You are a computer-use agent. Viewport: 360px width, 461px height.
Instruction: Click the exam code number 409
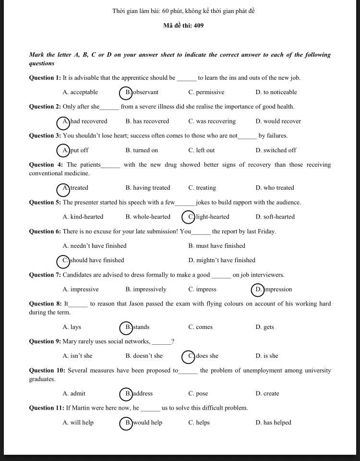(x=199, y=25)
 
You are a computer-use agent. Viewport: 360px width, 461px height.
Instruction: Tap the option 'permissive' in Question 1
(x=206, y=92)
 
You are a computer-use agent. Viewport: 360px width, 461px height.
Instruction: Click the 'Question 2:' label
(x=45, y=107)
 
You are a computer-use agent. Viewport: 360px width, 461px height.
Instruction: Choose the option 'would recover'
(x=278, y=121)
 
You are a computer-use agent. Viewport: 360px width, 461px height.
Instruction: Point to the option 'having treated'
(x=148, y=188)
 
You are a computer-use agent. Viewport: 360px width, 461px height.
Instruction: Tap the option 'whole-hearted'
(x=148, y=217)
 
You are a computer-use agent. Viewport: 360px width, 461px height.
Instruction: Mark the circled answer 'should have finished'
(x=93, y=260)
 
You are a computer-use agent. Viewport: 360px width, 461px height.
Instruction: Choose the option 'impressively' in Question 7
(x=146, y=290)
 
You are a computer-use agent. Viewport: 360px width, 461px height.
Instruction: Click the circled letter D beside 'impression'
(x=258, y=290)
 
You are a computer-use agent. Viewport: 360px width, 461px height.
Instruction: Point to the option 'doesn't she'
(x=144, y=356)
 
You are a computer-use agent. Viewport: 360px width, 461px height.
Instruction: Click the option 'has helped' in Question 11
(x=274, y=423)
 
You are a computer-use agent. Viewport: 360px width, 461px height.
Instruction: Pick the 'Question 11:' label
(x=47, y=408)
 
